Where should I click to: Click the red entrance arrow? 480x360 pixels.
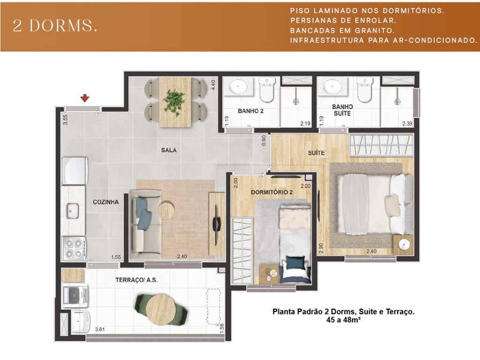click(85, 98)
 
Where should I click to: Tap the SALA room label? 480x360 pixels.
click(169, 150)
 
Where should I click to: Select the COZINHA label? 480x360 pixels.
click(106, 202)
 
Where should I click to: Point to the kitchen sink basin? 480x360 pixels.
click(73, 211)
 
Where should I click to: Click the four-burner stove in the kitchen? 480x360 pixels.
click(74, 248)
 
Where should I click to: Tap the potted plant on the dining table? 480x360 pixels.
click(174, 101)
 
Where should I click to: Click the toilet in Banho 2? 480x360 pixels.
click(267, 90)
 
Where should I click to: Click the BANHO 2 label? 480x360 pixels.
click(251, 111)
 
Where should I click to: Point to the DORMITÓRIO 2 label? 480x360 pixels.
click(272, 192)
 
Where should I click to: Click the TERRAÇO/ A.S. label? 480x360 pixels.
click(136, 280)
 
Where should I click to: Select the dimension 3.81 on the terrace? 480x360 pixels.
click(100, 330)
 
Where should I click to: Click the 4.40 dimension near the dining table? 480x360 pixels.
click(213, 85)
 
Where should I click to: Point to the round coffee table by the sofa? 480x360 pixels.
click(166, 210)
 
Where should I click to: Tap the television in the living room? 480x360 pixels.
click(217, 225)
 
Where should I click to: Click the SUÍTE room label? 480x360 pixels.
click(316, 153)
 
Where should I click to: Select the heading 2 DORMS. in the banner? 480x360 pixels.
click(55, 26)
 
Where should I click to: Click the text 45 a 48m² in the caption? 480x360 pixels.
click(344, 320)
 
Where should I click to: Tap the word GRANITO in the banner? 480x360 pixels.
click(375, 30)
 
